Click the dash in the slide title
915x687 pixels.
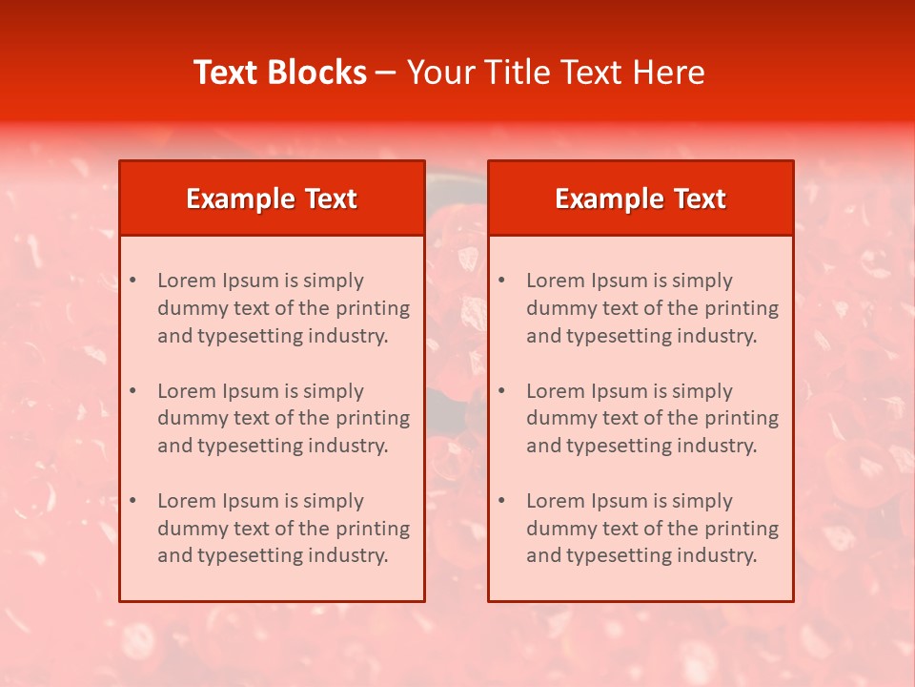(x=386, y=73)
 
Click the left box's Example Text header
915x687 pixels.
(x=272, y=198)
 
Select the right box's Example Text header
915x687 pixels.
(x=640, y=198)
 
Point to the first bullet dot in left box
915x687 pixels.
(x=133, y=281)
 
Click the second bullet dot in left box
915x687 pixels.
(x=133, y=391)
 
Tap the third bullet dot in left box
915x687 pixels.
(x=133, y=501)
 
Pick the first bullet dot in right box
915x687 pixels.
(x=502, y=281)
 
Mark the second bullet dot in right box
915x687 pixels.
(x=502, y=391)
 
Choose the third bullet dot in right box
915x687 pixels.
(x=502, y=501)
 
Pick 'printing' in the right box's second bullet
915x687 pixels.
(x=742, y=418)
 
